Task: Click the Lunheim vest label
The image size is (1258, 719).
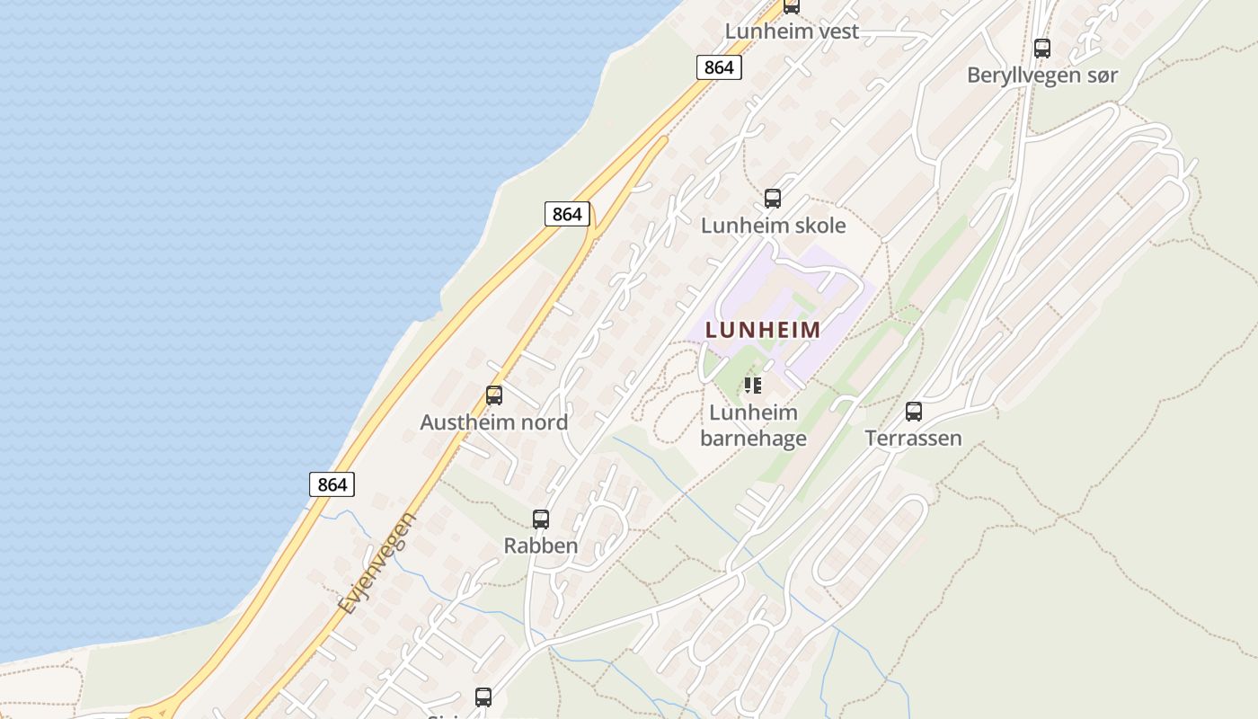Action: point(792,31)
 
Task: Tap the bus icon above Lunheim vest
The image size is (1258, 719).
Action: point(791,6)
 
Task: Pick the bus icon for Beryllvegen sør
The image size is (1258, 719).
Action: point(1041,49)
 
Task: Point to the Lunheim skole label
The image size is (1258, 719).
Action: point(773,226)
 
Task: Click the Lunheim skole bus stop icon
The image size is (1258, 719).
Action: point(772,199)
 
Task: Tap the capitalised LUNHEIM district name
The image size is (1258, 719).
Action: point(763,330)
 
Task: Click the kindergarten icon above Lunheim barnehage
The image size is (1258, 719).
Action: point(753,386)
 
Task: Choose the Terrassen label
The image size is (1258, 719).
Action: point(913,439)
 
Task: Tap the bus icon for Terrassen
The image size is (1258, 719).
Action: point(913,412)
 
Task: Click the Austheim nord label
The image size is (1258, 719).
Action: point(493,422)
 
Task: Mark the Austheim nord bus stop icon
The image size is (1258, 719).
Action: point(493,395)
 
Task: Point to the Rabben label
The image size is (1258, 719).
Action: point(540,546)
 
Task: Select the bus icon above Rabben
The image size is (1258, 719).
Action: point(540,519)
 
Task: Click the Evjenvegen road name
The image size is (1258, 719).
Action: point(378,564)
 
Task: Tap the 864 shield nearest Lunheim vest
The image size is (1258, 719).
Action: point(718,67)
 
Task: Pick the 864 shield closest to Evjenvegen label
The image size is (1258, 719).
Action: point(332,484)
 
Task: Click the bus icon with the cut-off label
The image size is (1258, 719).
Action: point(483,697)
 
